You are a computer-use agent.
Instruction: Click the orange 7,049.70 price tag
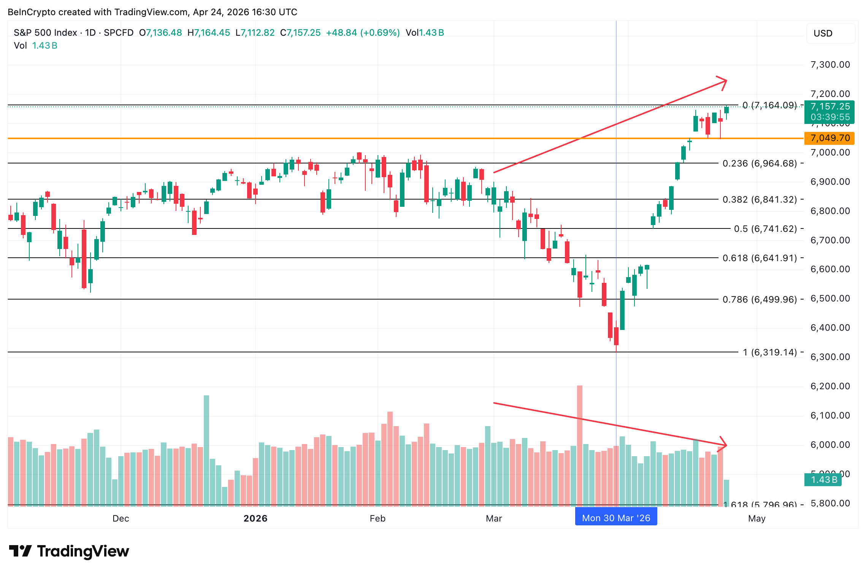click(829, 138)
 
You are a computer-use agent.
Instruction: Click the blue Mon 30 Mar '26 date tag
click(616, 518)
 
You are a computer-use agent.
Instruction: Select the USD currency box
click(831, 33)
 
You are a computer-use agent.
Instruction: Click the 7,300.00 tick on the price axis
click(830, 65)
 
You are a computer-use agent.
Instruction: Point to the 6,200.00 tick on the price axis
click(830, 386)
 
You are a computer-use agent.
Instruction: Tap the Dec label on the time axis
click(121, 519)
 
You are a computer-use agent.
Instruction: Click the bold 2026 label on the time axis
click(255, 519)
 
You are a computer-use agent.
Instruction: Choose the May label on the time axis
click(757, 519)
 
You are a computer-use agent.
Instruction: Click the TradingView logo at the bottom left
click(69, 551)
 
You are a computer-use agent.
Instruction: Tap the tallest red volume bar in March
click(580, 445)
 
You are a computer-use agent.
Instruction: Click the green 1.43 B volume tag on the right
click(823, 480)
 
